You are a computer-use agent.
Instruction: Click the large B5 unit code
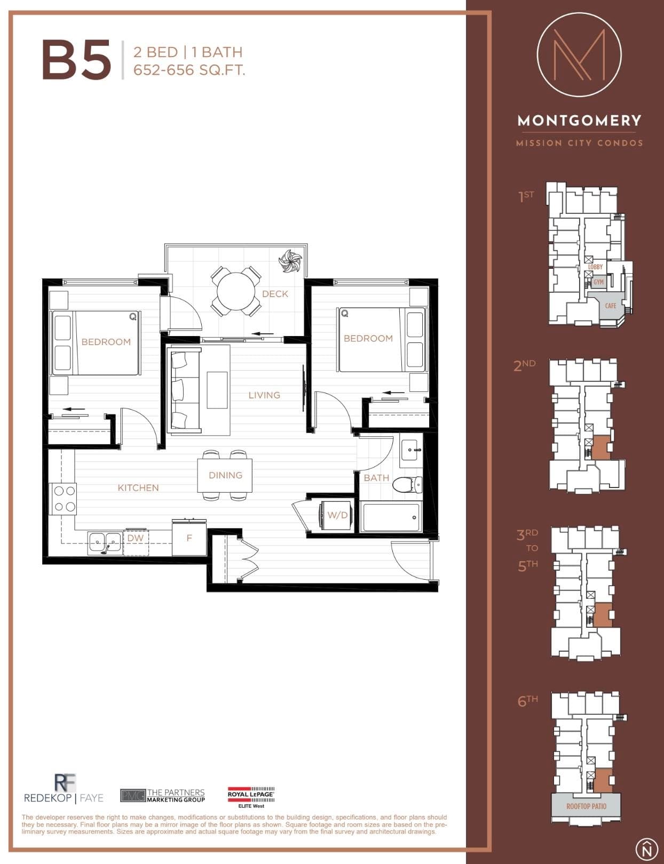click(x=76, y=60)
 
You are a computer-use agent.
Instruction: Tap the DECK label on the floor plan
click(x=275, y=294)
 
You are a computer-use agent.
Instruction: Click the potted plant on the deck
click(x=290, y=261)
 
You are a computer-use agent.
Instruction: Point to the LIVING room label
click(x=264, y=395)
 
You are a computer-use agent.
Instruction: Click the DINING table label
click(x=226, y=475)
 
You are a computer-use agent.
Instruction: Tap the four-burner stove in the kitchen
click(x=63, y=499)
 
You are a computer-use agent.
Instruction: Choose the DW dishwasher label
click(x=135, y=538)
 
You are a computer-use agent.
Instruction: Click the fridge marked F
click(x=189, y=538)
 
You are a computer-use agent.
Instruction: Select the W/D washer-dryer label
click(x=337, y=515)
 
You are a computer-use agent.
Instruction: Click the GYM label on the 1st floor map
click(x=598, y=282)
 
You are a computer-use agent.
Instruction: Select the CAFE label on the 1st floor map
click(x=610, y=306)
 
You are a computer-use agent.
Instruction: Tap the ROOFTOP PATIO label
click(x=587, y=806)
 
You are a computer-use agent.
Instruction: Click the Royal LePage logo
click(x=251, y=797)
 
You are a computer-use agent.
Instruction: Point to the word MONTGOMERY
click(x=579, y=121)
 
